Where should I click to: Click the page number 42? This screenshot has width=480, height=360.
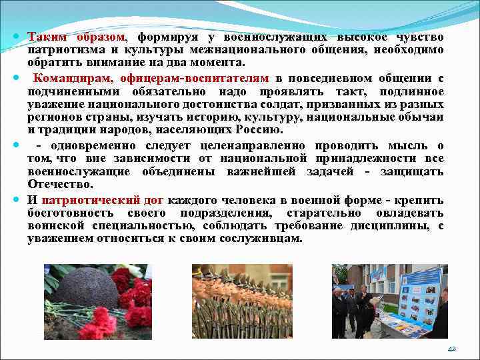click(452, 348)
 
